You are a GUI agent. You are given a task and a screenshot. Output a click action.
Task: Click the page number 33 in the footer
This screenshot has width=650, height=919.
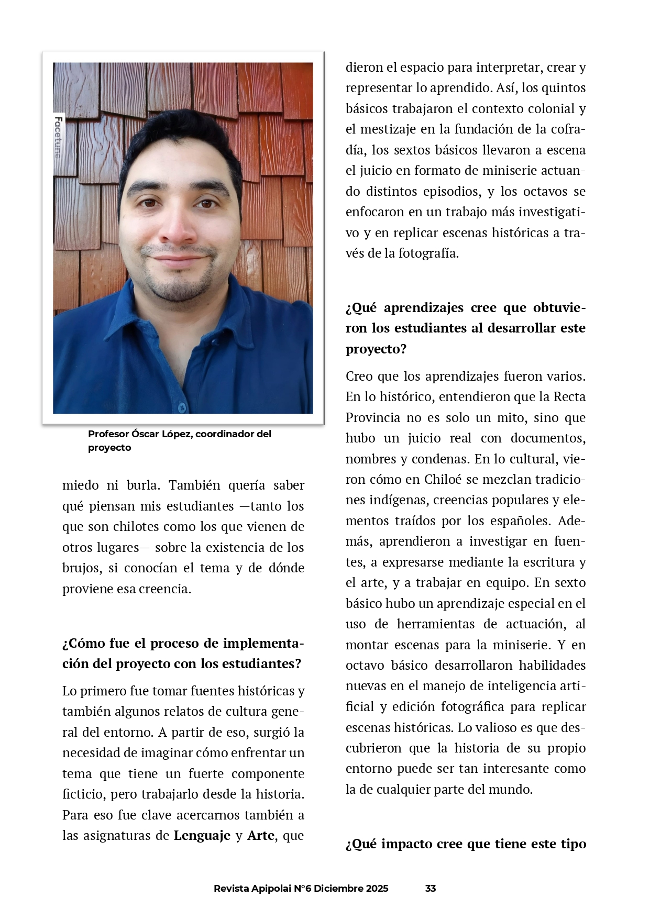pos(431,888)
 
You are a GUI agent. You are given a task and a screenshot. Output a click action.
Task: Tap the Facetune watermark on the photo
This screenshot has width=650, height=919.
pos(58,137)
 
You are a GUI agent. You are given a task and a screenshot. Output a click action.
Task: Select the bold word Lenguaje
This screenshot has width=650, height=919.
pos(202,835)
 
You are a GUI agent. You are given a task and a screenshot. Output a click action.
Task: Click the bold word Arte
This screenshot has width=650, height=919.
pos(261,835)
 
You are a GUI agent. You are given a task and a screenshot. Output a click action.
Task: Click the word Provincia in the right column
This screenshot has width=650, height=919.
pos(373,418)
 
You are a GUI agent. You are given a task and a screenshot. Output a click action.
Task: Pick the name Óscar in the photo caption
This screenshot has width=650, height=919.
pos(146,434)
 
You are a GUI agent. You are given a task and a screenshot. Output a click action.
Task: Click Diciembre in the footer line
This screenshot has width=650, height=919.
pos(338,888)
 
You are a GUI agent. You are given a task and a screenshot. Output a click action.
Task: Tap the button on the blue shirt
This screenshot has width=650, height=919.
pos(182,406)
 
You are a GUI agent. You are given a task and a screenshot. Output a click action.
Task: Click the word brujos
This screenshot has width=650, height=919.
pos(82,568)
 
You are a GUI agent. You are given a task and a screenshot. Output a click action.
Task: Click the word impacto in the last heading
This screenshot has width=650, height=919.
pos(408,844)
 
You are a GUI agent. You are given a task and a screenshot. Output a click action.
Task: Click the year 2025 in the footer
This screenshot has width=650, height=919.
pos(377,888)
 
